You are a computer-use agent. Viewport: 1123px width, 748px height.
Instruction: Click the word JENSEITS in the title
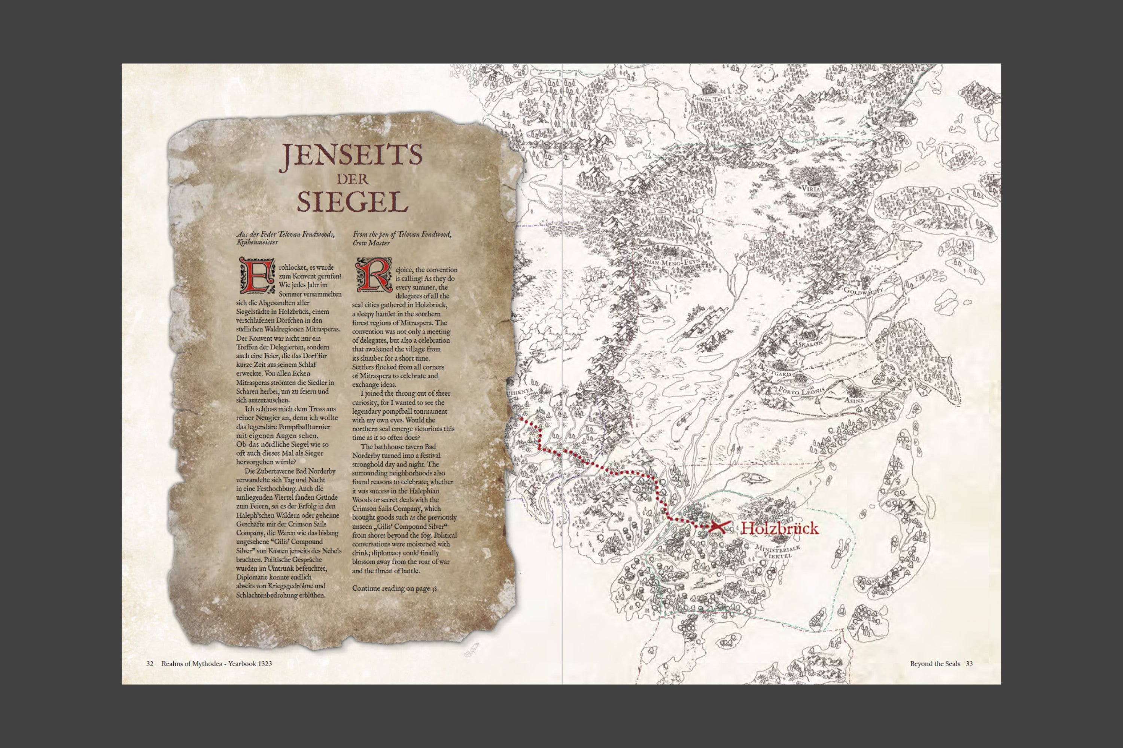[x=351, y=156]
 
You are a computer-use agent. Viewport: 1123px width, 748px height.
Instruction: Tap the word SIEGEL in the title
[x=352, y=202]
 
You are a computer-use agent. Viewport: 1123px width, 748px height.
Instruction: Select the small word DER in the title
[x=352, y=180]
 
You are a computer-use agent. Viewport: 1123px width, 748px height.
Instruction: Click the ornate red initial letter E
[x=257, y=275]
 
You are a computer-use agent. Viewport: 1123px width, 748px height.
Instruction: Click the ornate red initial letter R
[x=373, y=275]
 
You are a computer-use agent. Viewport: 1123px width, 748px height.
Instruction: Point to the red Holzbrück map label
[x=779, y=528]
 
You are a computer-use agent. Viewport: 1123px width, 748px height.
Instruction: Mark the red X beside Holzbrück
[x=718, y=527]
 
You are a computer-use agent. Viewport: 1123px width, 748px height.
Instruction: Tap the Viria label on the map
[x=811, y=188]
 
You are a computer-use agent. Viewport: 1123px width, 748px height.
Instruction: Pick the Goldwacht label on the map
[x=863, y=289]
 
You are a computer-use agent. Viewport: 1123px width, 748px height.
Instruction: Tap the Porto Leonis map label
[x=801, y=391]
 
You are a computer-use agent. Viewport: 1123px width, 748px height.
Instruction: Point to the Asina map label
[x=854, y=400]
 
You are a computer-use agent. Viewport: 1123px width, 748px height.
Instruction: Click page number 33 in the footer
[x=969, y=663]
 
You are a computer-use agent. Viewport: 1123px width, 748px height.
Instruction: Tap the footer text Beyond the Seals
[x=934, y=663]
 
